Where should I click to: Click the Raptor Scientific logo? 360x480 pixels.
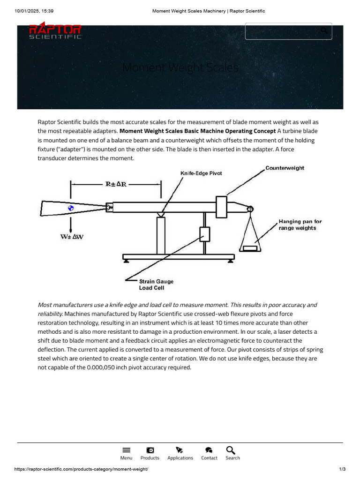click(55, 31)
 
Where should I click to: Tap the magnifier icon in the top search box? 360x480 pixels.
click(324, 31)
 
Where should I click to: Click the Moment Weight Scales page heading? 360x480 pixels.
click(180, 68)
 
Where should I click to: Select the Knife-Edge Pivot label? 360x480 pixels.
click(201, 173)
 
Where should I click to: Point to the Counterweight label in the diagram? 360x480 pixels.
click(285, 168)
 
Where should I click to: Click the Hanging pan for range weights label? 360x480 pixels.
click(300, 225)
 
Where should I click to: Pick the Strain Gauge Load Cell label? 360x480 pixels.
click(156, 285)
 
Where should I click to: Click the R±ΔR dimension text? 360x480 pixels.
click(115, 184)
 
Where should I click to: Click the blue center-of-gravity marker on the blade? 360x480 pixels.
click(71, 208)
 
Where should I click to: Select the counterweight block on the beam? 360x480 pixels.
click(221, 207)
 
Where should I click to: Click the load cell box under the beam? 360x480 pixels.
click(204, 233)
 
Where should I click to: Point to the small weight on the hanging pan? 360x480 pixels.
click(250, 247)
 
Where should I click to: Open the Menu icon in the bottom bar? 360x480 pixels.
click(126, 450)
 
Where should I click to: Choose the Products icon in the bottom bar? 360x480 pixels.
click(150, 450)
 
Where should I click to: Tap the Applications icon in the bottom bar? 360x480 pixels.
click(180, 450)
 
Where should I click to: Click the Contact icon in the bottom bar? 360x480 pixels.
click(209, 450)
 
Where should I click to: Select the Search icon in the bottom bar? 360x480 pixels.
click(231, 450)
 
